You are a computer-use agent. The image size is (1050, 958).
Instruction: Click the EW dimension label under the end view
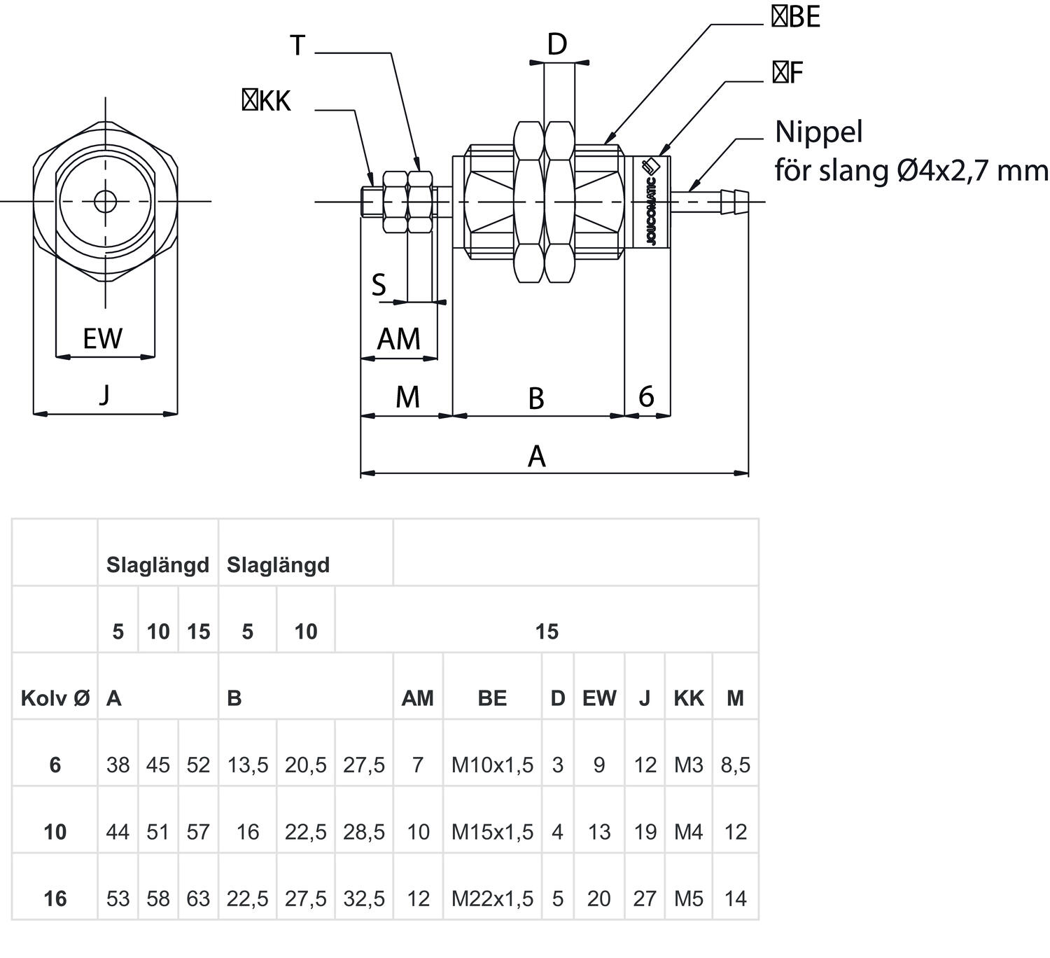click(102, 339)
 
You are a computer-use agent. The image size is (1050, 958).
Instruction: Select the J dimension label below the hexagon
click(104, 396)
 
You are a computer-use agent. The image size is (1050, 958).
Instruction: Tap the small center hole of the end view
click(106, 202)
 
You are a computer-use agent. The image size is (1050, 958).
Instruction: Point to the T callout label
click(297, 46)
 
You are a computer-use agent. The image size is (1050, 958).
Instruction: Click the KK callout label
click(266, 102)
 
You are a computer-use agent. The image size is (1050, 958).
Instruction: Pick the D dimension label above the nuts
click(556, 45)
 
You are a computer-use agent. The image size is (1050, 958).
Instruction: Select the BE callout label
click(796, 18)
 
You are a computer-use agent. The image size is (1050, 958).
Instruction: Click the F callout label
click(787, 73)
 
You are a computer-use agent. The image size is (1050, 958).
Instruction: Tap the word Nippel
click(818, 132)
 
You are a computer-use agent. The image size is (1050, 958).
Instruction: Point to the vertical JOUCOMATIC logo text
click(651, 210)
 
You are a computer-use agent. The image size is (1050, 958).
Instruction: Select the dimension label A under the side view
click(536, 457)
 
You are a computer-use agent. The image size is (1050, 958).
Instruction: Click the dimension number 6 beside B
click(646, 397)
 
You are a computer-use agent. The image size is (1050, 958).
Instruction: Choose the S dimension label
click(378, 286)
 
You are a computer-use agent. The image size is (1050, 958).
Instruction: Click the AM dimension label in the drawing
click(398, 340)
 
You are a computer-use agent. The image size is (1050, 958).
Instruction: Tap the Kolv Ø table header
click(55, 698)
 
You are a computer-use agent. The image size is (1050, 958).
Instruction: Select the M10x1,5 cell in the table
click(492, 765)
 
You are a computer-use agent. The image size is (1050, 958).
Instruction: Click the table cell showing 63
click(198, 898)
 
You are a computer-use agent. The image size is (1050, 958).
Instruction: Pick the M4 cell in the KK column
click(688, 832)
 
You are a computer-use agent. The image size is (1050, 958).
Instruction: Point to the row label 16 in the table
click(55, 898)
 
